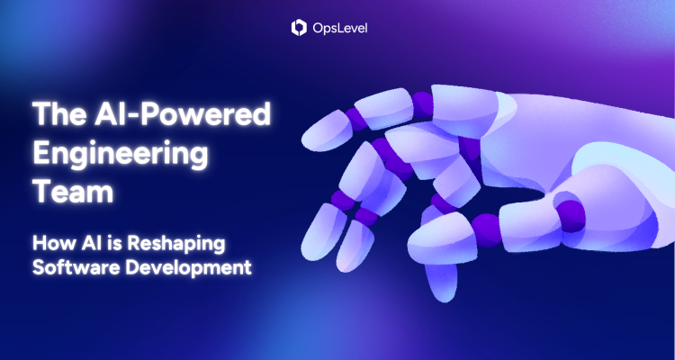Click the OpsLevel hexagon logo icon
click(300, 28)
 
